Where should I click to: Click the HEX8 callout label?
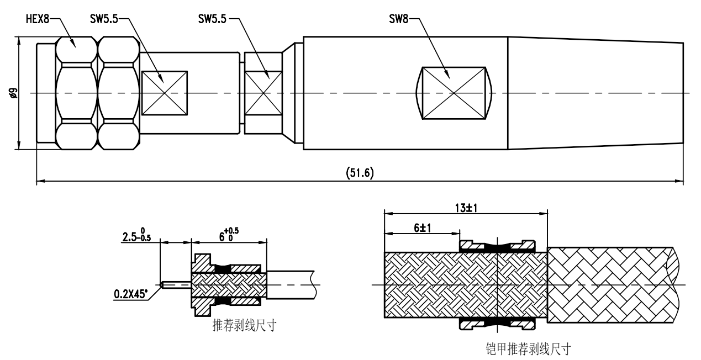click(38, 19)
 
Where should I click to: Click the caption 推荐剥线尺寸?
click(244, 325)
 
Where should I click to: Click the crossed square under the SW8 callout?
click(454, 93)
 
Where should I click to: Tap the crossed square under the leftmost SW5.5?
click(165, 93)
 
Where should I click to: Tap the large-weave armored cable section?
click(610, 284)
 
